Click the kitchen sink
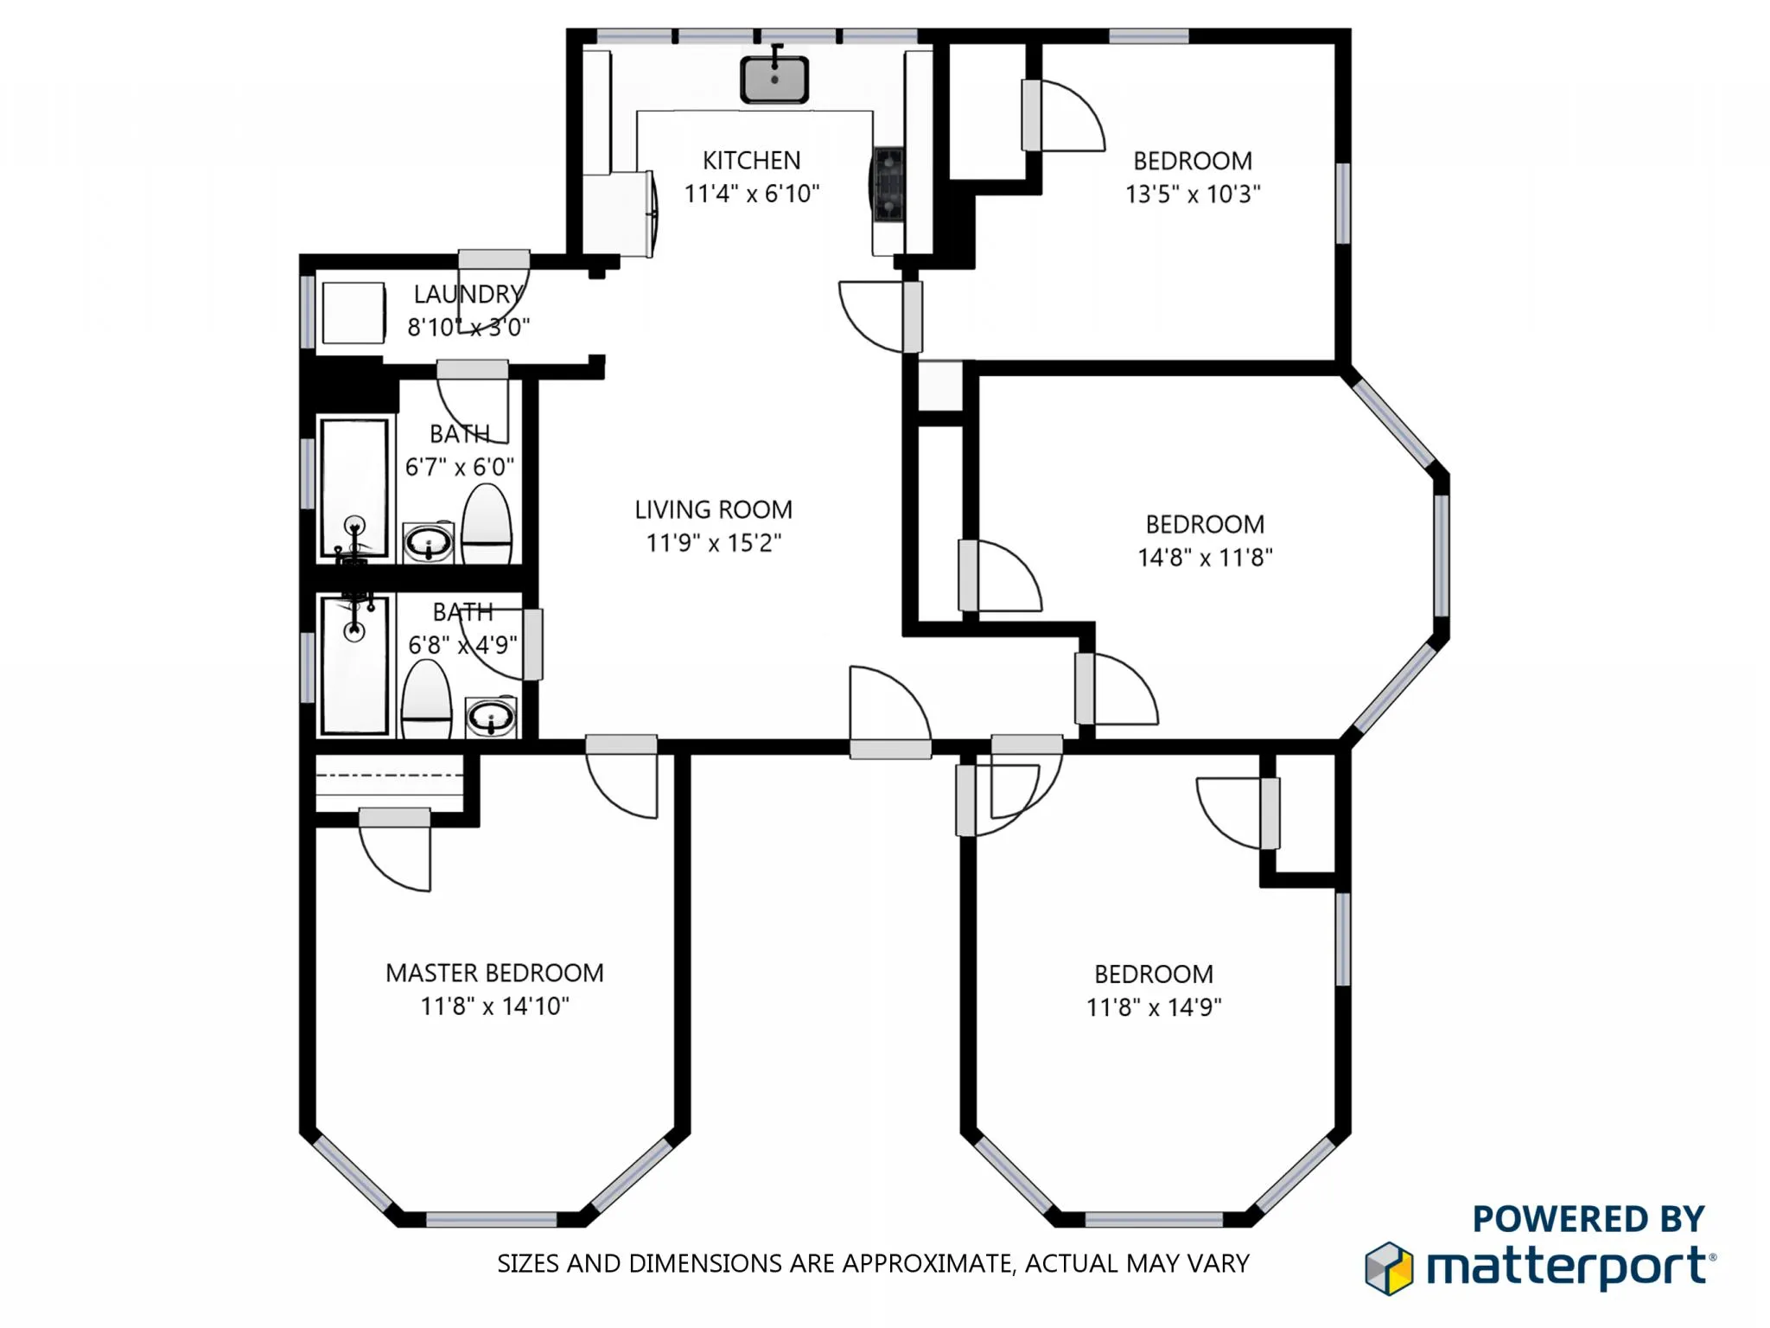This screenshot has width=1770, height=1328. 774,80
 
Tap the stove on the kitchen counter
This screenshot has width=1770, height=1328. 888,184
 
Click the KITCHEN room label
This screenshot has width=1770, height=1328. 751,161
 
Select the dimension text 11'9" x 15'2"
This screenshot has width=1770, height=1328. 713,543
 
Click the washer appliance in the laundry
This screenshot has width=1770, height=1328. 353,313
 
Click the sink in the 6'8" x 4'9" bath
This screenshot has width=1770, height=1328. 491,717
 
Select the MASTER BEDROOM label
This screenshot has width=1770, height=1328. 494,974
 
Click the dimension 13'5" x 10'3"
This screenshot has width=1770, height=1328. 1192,195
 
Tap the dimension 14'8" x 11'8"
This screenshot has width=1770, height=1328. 1204,558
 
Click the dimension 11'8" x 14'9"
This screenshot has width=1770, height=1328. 1153,1007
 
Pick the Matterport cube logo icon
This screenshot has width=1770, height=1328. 1389,1268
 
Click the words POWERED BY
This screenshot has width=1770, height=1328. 1588,1219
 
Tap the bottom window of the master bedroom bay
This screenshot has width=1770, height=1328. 491,1220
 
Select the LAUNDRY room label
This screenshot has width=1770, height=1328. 468,295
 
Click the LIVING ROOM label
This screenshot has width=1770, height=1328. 713,510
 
